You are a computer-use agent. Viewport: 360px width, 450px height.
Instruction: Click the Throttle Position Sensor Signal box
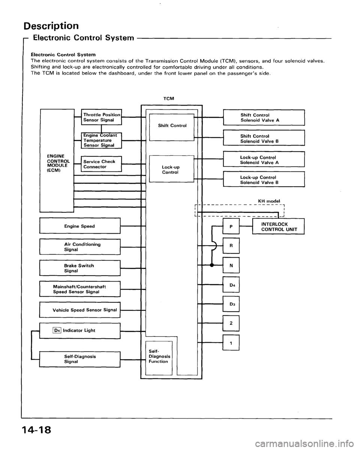click(101, 117)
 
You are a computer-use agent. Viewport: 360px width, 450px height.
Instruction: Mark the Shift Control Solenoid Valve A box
click(263, 117)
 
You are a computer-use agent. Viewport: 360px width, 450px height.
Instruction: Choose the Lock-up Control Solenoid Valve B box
click(263, 180)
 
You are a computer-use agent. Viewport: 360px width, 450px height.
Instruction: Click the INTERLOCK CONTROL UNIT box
click(278, 226)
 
